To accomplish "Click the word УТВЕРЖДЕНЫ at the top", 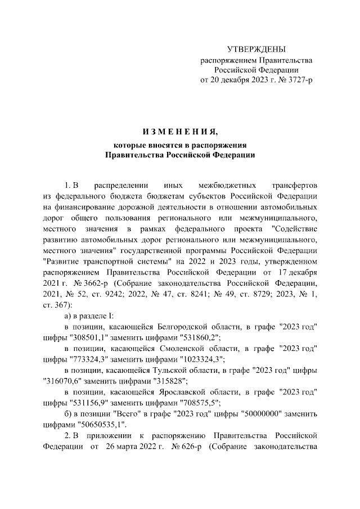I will [256, 49].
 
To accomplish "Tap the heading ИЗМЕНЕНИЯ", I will [179, 132].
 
